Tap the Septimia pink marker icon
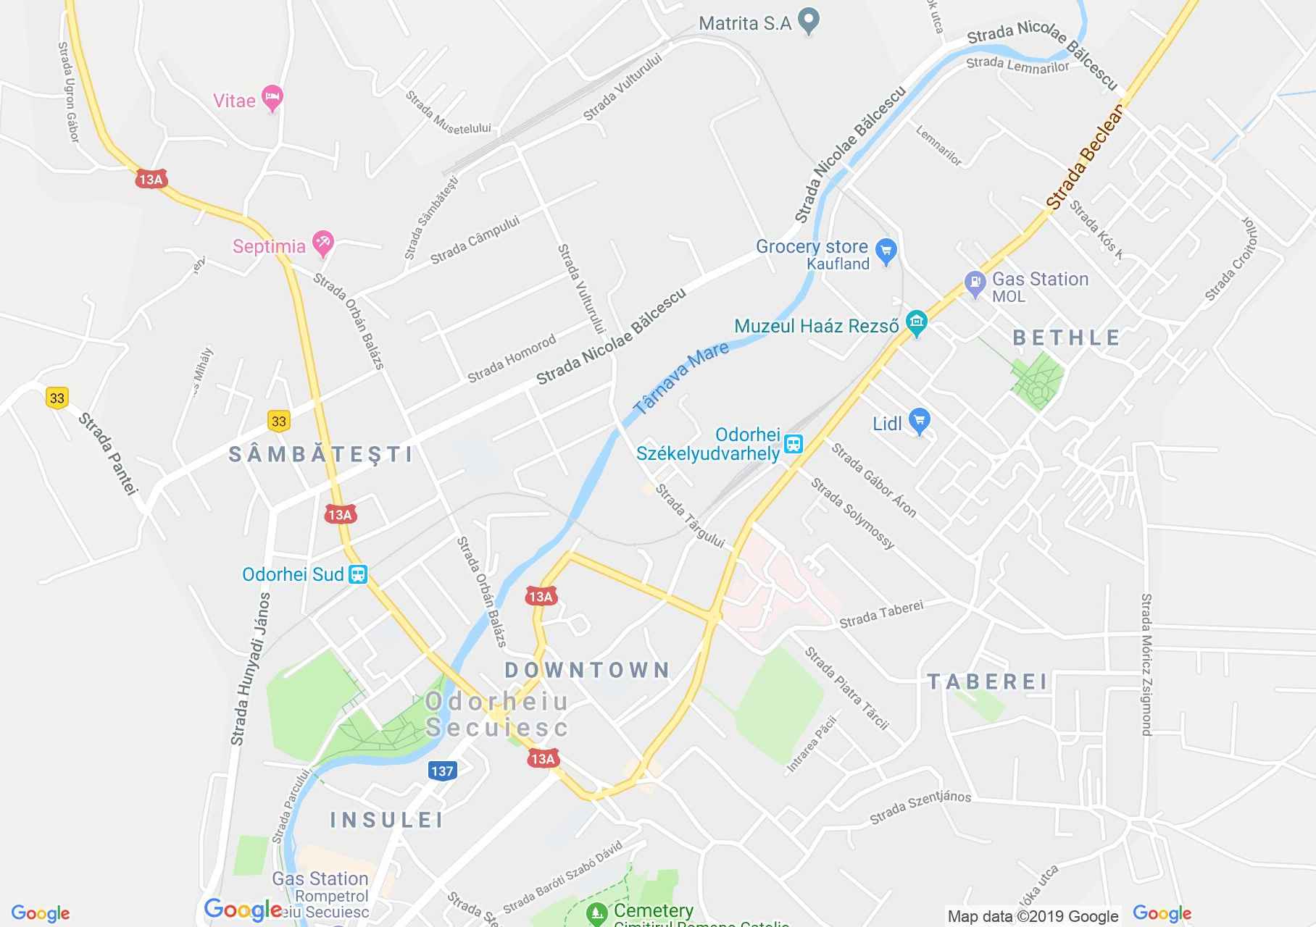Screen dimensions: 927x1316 [x=323, y=244]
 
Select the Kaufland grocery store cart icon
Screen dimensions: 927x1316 [x=886, y=251]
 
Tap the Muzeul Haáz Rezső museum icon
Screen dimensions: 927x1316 [x=917, y=324]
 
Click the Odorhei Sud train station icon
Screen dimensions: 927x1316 [x=358, y=575]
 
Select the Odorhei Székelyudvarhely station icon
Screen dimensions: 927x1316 [x=794, y=444]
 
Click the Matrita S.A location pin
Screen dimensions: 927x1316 [x=808, y=22]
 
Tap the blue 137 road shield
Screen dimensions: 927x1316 [x=442, y=771]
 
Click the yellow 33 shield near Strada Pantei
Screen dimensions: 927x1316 [x=57, y=398]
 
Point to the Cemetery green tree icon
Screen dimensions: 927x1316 [x=596, y=913]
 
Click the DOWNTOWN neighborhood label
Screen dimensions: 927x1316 [x=588, y=670]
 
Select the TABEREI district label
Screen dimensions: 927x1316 [x=988, y=681]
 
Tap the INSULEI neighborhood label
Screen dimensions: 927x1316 [x=387, y=820]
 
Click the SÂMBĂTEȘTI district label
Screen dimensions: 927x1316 [x=321, y=454]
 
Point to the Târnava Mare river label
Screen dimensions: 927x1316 [x=680, y=378]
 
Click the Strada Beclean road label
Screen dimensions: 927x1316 [x=1086, y=157]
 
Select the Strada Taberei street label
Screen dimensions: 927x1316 [x=881, y=613]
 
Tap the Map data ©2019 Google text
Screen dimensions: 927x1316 [x=1033, y=916]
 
